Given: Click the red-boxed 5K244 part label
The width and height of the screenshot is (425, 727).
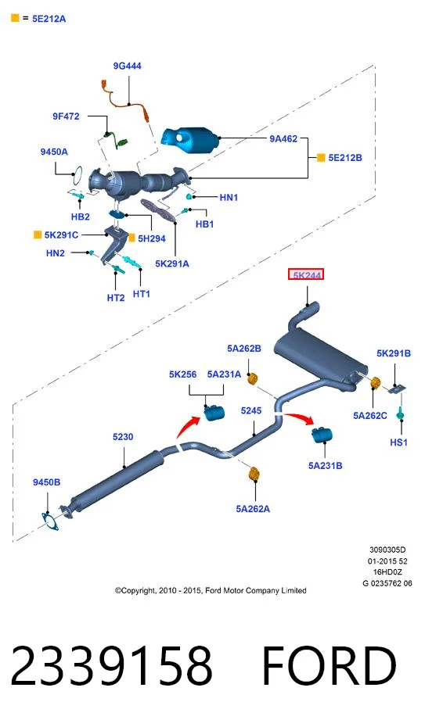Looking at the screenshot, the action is (x=306, y=275).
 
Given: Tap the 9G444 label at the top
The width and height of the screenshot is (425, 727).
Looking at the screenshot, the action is (x=127, y=66).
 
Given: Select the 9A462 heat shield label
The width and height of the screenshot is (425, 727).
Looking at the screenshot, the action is (x=283, y=138).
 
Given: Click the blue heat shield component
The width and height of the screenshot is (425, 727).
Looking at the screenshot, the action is (x=190, y=138).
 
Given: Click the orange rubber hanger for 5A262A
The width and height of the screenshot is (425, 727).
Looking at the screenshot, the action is (x=254, y=474).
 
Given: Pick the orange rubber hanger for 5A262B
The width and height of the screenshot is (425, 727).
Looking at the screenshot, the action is (x=252, y=378).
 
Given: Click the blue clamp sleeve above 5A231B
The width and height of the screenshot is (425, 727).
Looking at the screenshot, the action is (x=322, y=435).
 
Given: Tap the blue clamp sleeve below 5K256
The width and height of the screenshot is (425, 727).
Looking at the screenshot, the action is (x=214, y=412).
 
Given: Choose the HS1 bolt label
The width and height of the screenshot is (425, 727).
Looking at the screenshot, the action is (x=398, y=442).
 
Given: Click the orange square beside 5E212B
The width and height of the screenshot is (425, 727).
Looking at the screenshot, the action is (x=321, y=157).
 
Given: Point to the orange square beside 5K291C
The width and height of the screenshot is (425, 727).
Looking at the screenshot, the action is (x=38, y=235).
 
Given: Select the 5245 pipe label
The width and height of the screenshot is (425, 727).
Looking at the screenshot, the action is (x=251, y=410).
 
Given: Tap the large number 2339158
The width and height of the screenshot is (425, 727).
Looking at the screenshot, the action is (x=111, y=666).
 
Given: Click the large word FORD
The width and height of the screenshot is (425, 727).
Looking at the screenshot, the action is (x=330, y=666).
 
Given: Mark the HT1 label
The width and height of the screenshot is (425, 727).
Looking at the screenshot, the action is (x=142, y=294).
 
